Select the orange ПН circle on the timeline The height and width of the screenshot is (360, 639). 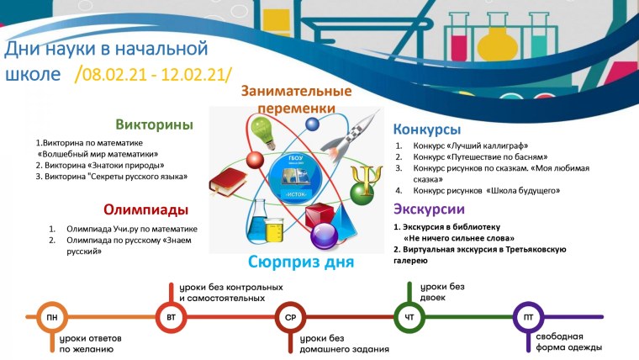pyautogui.click(x=52, y=318)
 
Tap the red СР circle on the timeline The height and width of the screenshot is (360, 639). pyautogui.click(x=288, y=318)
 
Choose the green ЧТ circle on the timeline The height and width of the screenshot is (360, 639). pyautogui.click(x=408, y=318)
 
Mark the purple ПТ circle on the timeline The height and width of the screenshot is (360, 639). pyautogui.click(x=527, y=318)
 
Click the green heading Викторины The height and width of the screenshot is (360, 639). pyautogui.click(x=155, y=124)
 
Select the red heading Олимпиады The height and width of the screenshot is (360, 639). pyautogui.click(x=145, y=209)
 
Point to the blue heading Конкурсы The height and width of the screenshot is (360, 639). pyautogui.click(x=427, y=130)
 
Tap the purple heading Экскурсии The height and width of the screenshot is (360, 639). pyautogui.click(x=429, y=209)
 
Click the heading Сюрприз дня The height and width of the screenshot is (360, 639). pyautogui.click(x=301, y=262)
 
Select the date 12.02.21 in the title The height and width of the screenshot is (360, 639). pyautogui.click(x=194, y=74)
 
